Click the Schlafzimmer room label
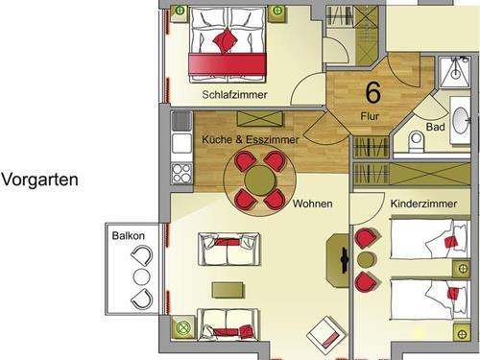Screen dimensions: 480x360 coord(234,95)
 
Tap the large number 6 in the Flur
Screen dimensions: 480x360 coord(373,92)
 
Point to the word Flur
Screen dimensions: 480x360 coord(370,116)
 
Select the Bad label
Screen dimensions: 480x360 coord(436,127)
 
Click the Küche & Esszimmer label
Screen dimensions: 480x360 coord(251,139)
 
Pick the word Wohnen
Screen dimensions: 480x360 coord(312,204)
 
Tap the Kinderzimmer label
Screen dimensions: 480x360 coord(423,204)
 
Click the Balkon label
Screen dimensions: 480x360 coord(129,236)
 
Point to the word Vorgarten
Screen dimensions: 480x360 coord(40,180)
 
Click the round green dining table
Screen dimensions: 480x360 coord(260,180)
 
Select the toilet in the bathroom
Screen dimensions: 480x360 coord(417,142)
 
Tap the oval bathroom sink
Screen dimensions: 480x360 coord(461,121)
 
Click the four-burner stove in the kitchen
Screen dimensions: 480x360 coord(181,174)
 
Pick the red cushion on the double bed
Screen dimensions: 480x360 coord(226,40)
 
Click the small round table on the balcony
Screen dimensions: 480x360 coord(142,277)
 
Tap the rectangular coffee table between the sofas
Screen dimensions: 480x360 coord(228,290)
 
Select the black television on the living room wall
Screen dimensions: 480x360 coord(345,260)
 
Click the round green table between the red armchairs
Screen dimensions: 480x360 coord(367,260)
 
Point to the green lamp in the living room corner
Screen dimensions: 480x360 coord(183,327)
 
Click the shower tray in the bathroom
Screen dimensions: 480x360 coord(455,73)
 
